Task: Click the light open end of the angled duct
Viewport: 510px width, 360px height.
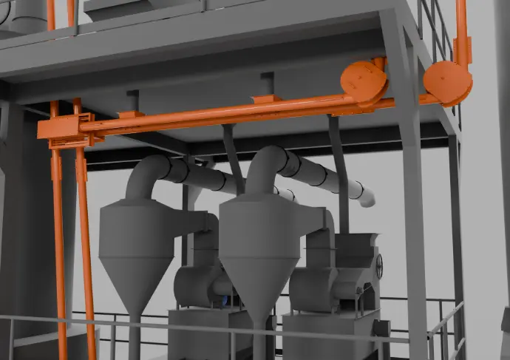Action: [366, 197]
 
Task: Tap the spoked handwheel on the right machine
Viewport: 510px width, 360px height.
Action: [378, 266]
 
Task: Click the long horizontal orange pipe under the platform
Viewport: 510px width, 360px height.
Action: [222, 115]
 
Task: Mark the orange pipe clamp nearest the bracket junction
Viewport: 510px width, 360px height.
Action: [130, 115]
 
